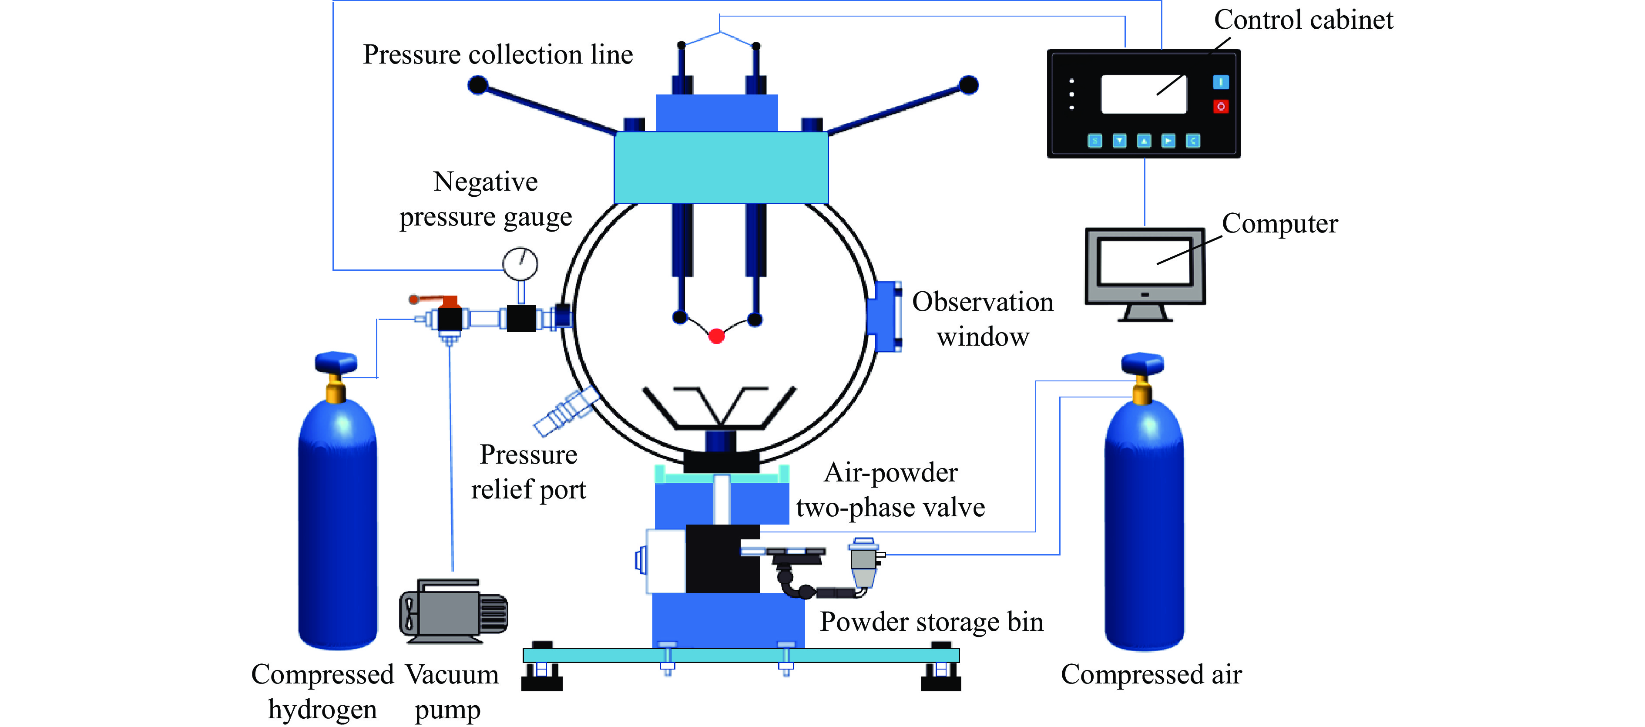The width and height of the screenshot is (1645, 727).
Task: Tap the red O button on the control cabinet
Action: [x=1220, y=107]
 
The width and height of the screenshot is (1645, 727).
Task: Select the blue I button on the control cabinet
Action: [x=1220, y=82]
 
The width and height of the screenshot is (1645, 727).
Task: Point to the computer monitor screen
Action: [x=1145, y=262]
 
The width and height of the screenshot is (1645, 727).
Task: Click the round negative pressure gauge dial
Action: [x=520, y=263]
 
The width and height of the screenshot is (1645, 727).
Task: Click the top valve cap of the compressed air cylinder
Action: [x=1142, y=363]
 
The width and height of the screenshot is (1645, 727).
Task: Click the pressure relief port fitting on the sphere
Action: [x=565, y=413]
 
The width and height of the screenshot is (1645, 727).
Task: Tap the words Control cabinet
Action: [x=1303, y=20]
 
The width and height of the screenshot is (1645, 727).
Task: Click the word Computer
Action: [x=1279, y=224]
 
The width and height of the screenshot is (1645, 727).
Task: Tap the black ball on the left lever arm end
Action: [x=478, y=85]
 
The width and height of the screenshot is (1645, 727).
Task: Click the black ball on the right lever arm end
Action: [x=968, y=85]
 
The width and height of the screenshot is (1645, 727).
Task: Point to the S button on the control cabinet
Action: [x=1094, y=141]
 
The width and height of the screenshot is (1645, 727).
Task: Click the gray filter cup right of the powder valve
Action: [x=863, y=562]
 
